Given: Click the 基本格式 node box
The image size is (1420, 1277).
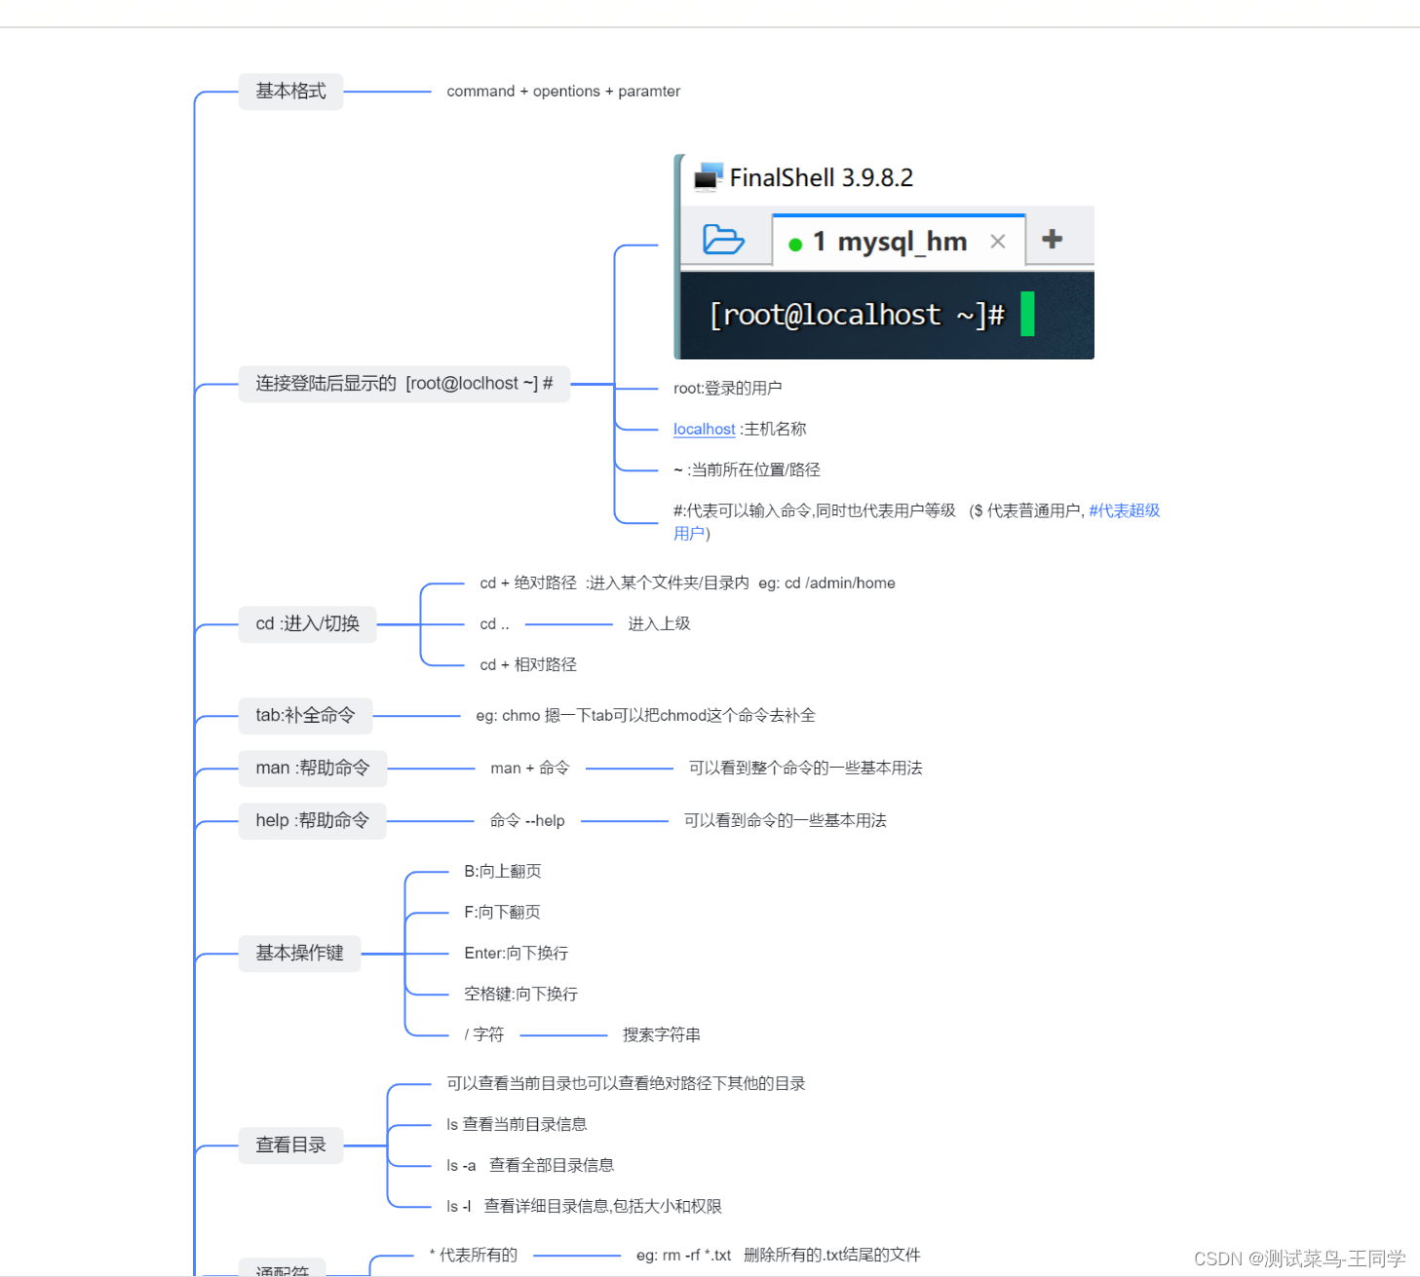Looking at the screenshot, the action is [x=290, y=92].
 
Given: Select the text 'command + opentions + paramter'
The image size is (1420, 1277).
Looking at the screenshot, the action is [x=563, y=92].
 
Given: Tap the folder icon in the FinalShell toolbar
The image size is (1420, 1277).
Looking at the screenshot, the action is [x=723, y=239].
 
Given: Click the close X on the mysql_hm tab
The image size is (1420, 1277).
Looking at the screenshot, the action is [x=997, y=242].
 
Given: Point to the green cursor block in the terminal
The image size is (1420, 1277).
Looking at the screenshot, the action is [x=1027, y=314].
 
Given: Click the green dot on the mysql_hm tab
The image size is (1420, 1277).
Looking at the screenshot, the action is [x=795, y=244].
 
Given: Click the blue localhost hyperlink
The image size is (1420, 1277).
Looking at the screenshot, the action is [x=704, y=430].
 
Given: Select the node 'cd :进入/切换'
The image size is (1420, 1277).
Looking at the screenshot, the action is [x=307, y=624].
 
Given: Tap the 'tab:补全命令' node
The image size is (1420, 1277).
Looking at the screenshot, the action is [x=305, y=716].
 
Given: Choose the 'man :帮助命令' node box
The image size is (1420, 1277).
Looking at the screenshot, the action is [x=312, y=769].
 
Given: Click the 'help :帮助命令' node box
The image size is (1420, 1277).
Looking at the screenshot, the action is [x=312, y=821].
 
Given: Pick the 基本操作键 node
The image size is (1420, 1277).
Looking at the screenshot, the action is [x=299, y=954].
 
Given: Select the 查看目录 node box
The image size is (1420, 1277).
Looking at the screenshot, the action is [x=290, y=1146].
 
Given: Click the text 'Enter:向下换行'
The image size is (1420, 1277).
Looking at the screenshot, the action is [x=516, y=954].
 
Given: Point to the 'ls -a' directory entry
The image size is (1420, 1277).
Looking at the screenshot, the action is [x=461, y=1166].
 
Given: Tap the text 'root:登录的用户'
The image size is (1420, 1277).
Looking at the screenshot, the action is [x=727, y=389].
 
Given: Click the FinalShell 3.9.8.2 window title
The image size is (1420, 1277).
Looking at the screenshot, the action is [x=821, y=178].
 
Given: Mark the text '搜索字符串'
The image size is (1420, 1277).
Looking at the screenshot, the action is [x=661, y=1035].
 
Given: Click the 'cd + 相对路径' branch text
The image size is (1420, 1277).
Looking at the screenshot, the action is [x=527, y=665].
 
